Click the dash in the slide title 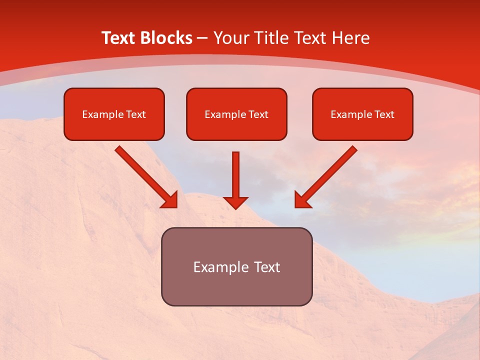click(x=202, y=38)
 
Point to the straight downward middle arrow click(x=235, y=175)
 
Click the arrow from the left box click(x=142, y=173)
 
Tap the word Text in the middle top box click(x=258, y=114)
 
